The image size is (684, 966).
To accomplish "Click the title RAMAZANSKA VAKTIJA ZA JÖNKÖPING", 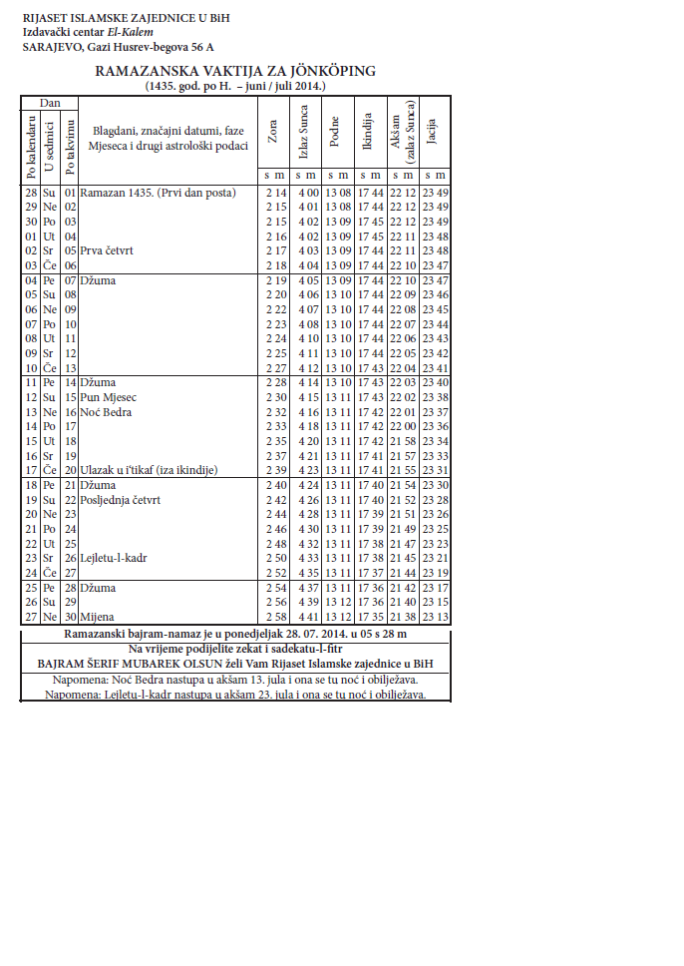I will click(x=235, y=71).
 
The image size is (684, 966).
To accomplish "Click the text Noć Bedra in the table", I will click(x=108, y=412).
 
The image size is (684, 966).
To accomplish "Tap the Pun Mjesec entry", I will click(x=109, y=397).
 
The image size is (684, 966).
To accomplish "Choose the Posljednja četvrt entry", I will click(x=120, y=500).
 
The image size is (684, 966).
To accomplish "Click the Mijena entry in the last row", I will click(x=98, y=617).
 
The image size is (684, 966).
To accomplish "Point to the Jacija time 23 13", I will click(x=434, y=617).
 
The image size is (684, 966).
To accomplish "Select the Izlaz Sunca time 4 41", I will click(x=307, y=617).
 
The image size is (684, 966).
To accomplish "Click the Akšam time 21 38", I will click(x=403, y=617).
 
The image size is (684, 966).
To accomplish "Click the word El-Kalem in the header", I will click(x=132, y=32).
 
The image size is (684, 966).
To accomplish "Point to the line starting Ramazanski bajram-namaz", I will click(x=235, y=634).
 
